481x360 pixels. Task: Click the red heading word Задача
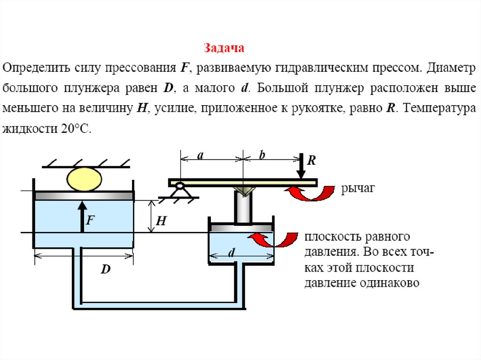click(x=224, y=48)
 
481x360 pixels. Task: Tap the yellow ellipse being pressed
click(x=85, y=179)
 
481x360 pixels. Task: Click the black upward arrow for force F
click(x=82, y=216)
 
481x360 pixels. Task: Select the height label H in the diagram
click(x=161, y=221)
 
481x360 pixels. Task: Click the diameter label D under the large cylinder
click(x=106, y=270)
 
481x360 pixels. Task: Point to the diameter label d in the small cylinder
click(x=232, y=253)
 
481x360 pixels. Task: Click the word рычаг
click(x=358, y=189)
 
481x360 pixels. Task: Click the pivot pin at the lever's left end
click(x=179, y=186)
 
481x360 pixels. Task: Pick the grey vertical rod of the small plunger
click(x=243, y=206)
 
